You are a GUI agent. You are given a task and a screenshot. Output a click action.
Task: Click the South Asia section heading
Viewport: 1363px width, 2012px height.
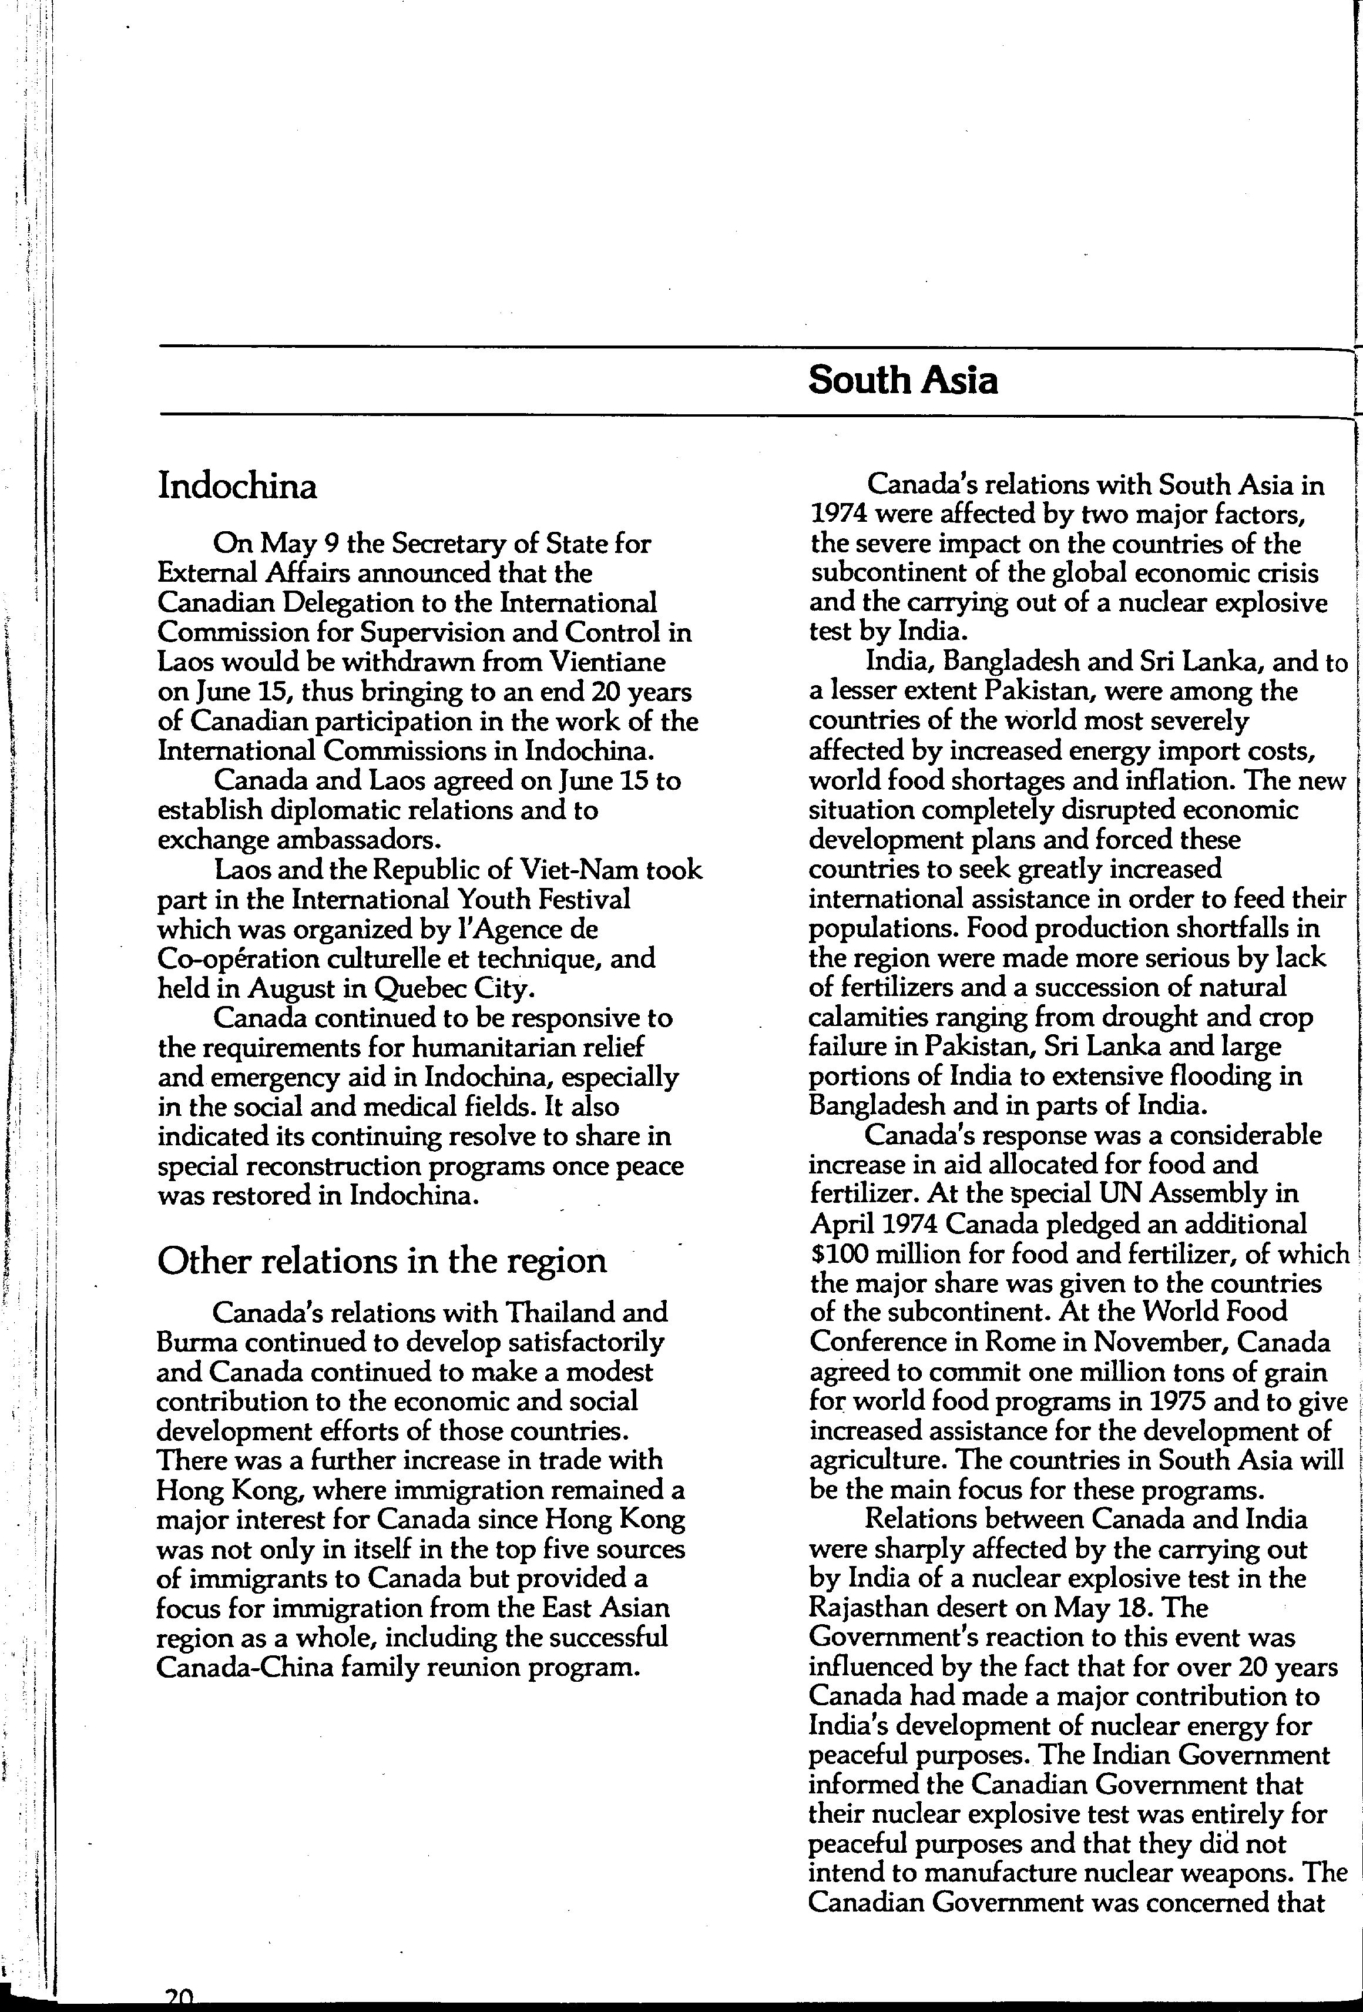click(x=902, y=381)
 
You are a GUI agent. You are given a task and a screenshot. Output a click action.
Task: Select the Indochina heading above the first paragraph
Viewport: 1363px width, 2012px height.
click(x=237, y=487)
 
